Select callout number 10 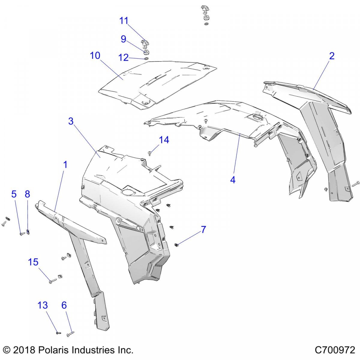[x=95, y=55]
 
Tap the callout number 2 [x=331, y=56]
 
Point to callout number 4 [x=233, y=180]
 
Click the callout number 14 [x=164, y=140]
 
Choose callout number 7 [x=203, y=229]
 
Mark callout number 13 [x=43, y=305]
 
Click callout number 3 [x=71, y=121]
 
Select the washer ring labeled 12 [x=146, y=59]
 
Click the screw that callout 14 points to [x=150, y=153]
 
